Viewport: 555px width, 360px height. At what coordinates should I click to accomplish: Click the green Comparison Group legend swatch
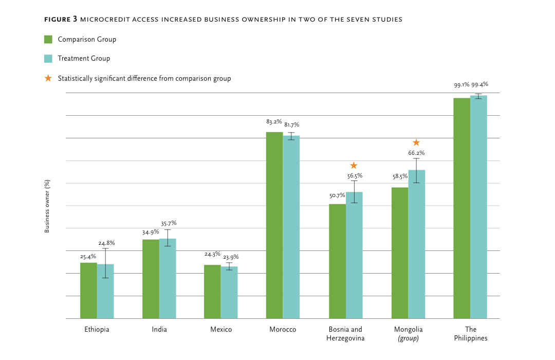pos(48,40)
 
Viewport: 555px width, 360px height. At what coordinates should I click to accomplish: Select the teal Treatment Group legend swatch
pos(48,59)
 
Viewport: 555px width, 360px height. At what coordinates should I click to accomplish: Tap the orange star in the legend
pos(48,79)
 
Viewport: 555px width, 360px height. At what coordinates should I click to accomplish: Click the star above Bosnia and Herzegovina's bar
pos(354,166)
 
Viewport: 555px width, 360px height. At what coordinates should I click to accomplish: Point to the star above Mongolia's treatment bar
pos(416,142)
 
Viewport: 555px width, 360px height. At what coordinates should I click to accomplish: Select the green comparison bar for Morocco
pos(274,225)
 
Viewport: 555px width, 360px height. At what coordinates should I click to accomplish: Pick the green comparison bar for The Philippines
pos(462,208)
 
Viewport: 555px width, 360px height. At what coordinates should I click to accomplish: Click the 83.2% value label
pos(274,122)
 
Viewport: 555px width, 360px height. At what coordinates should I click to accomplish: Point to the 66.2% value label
pos(416,153)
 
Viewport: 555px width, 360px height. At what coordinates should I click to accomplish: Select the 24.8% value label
pos(106,243)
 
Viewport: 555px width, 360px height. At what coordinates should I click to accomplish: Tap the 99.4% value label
pos(480,84)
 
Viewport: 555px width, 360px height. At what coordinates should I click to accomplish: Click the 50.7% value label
pos(337,195)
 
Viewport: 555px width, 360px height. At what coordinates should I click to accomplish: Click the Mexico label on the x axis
pos(221,330)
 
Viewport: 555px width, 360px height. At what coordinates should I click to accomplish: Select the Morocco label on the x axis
pos(283,330)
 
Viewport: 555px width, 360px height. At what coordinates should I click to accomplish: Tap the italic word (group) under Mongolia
pos(408,338)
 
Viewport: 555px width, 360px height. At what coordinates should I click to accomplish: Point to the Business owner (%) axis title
pos(47,206)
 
